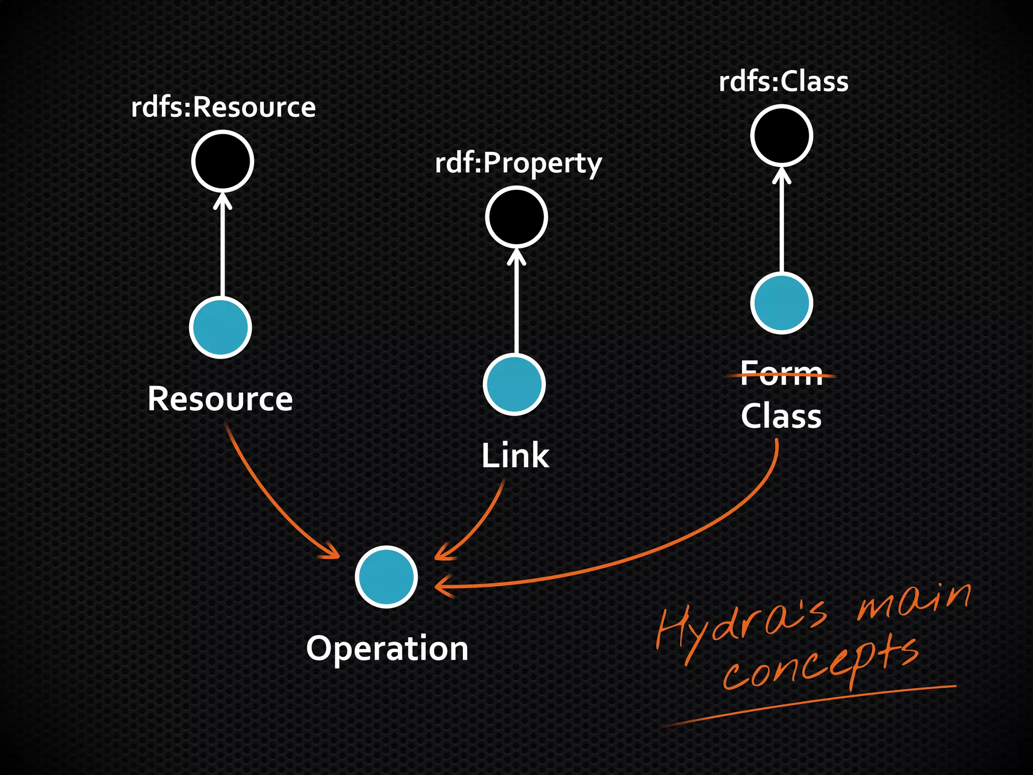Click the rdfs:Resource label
[x=223, y=107]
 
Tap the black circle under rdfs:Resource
[x=222, y=161]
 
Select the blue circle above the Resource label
[x=220, y=327]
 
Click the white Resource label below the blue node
[x=220, y=399]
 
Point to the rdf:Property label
[x=518, y=163]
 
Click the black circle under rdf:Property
[x=516, y=217]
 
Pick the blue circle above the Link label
[x=514, y=384]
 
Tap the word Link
[x=515, y=456]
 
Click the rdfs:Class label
[x=783, y=82]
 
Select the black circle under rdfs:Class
[x=781, y=135]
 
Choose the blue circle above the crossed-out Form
[x=781, y=303]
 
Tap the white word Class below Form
[x=781, y=416]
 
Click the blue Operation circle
[x=386, y=576]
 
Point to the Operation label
[x=387, y=648]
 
